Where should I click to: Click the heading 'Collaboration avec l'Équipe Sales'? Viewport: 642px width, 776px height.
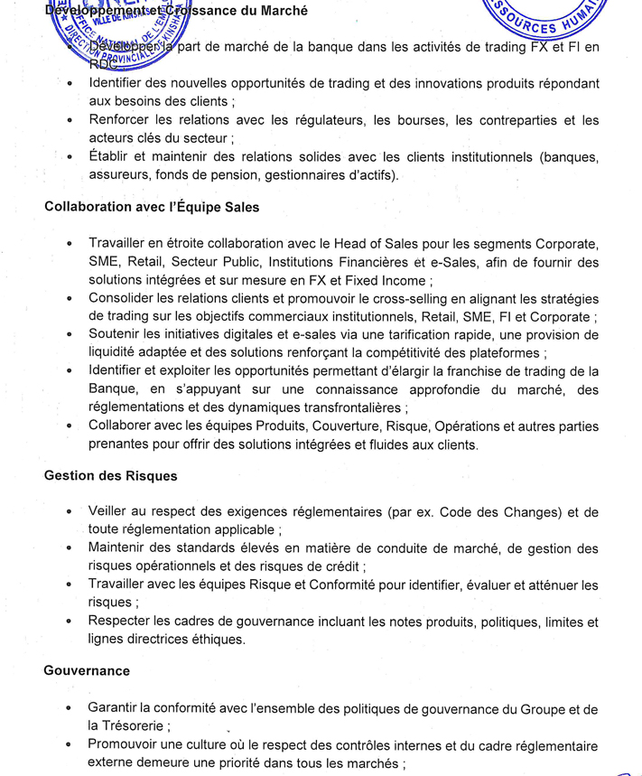pyautogui.click(x=152, y=207)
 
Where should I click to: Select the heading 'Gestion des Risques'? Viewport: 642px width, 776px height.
pyautogui.click(x=111, y=475)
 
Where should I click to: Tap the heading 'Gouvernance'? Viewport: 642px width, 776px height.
pyautogui.click(x=87, y=671)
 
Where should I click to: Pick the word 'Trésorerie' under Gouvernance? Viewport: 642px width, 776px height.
pyautogui.click(x=137, y=725)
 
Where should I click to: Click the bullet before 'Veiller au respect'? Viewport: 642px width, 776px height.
pyautogui.click(x=70, y=512)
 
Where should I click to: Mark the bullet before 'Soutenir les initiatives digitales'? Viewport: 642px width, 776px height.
pyautogui.click(x=70, y=335)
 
